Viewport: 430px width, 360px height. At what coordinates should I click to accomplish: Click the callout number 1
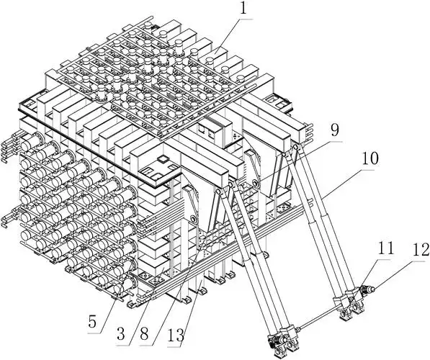(x=243, y=9)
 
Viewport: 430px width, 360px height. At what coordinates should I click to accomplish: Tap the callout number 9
(x=334, y=130)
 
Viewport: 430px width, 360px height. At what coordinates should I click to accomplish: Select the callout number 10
(x=370, y=158)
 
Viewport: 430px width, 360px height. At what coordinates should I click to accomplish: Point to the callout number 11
(x=386, y=248)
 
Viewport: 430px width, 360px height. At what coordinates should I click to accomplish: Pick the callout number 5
(x=92, y=323)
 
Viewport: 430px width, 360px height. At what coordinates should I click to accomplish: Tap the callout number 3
(x=120, y=334)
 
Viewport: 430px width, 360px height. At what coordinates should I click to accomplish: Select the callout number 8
(x=144, y=334)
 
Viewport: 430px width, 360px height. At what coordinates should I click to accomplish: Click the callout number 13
(x=176, y=335)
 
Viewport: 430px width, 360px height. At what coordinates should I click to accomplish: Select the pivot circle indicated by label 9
(x=255, y=183)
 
